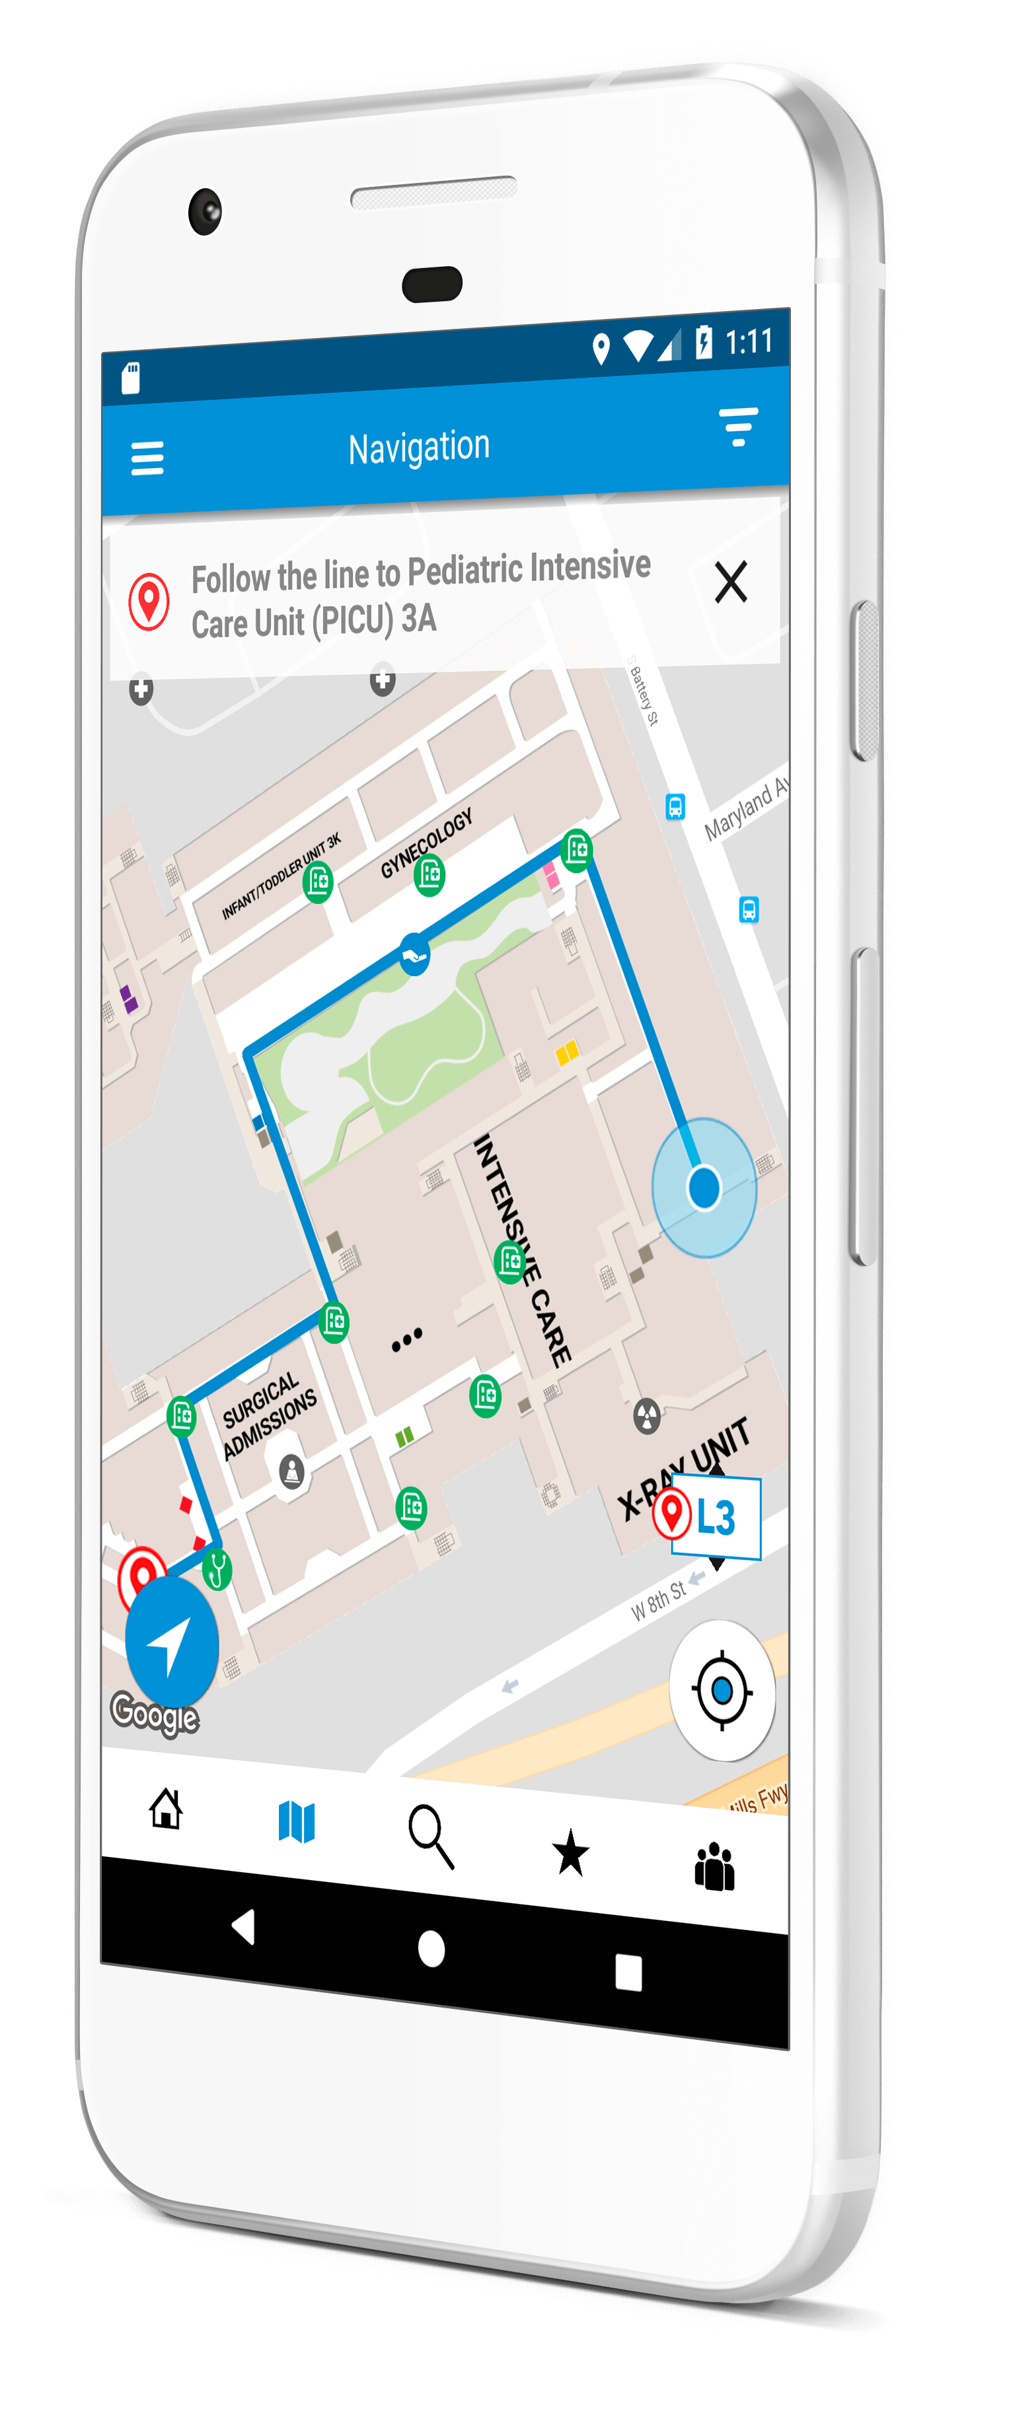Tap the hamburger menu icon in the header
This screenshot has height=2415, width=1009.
pyautogui.click(x=147, y=458)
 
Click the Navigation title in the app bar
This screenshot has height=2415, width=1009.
pyautogui.click(x=418, y=447)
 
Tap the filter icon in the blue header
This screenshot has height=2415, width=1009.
pyautogui.click(x=738, y=427)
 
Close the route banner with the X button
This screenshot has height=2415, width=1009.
pyautogui.click(x=731, y=582)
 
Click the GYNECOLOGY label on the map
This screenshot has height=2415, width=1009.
pyautogui.click(x=427, y=842)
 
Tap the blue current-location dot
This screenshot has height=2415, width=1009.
pyautogui.click(x=703, y=1187)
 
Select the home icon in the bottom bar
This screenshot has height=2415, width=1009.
pyautogui.click(x=166, y=1808)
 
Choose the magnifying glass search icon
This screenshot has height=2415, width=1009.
pyautogui.click(x=430, y=1836)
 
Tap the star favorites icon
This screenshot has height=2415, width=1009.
pyautogui.click(x=570, y=1854)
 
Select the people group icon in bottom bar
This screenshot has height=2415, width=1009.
pyautogui.click(x=714, y=1867)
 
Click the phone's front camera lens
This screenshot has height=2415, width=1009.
pyautogui.click(x=204, y=211)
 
